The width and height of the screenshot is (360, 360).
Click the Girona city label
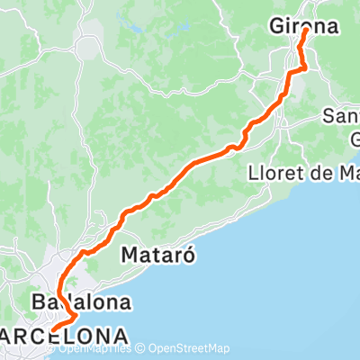click(x=304, y=28)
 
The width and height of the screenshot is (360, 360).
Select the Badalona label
click(x=80, y=301)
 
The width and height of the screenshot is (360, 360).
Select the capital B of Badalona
click(x=39, y=301)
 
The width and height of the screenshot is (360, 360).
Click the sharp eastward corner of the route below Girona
click(x=306, y=66)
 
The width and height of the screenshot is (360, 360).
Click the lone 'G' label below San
click(x=354, y=139)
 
